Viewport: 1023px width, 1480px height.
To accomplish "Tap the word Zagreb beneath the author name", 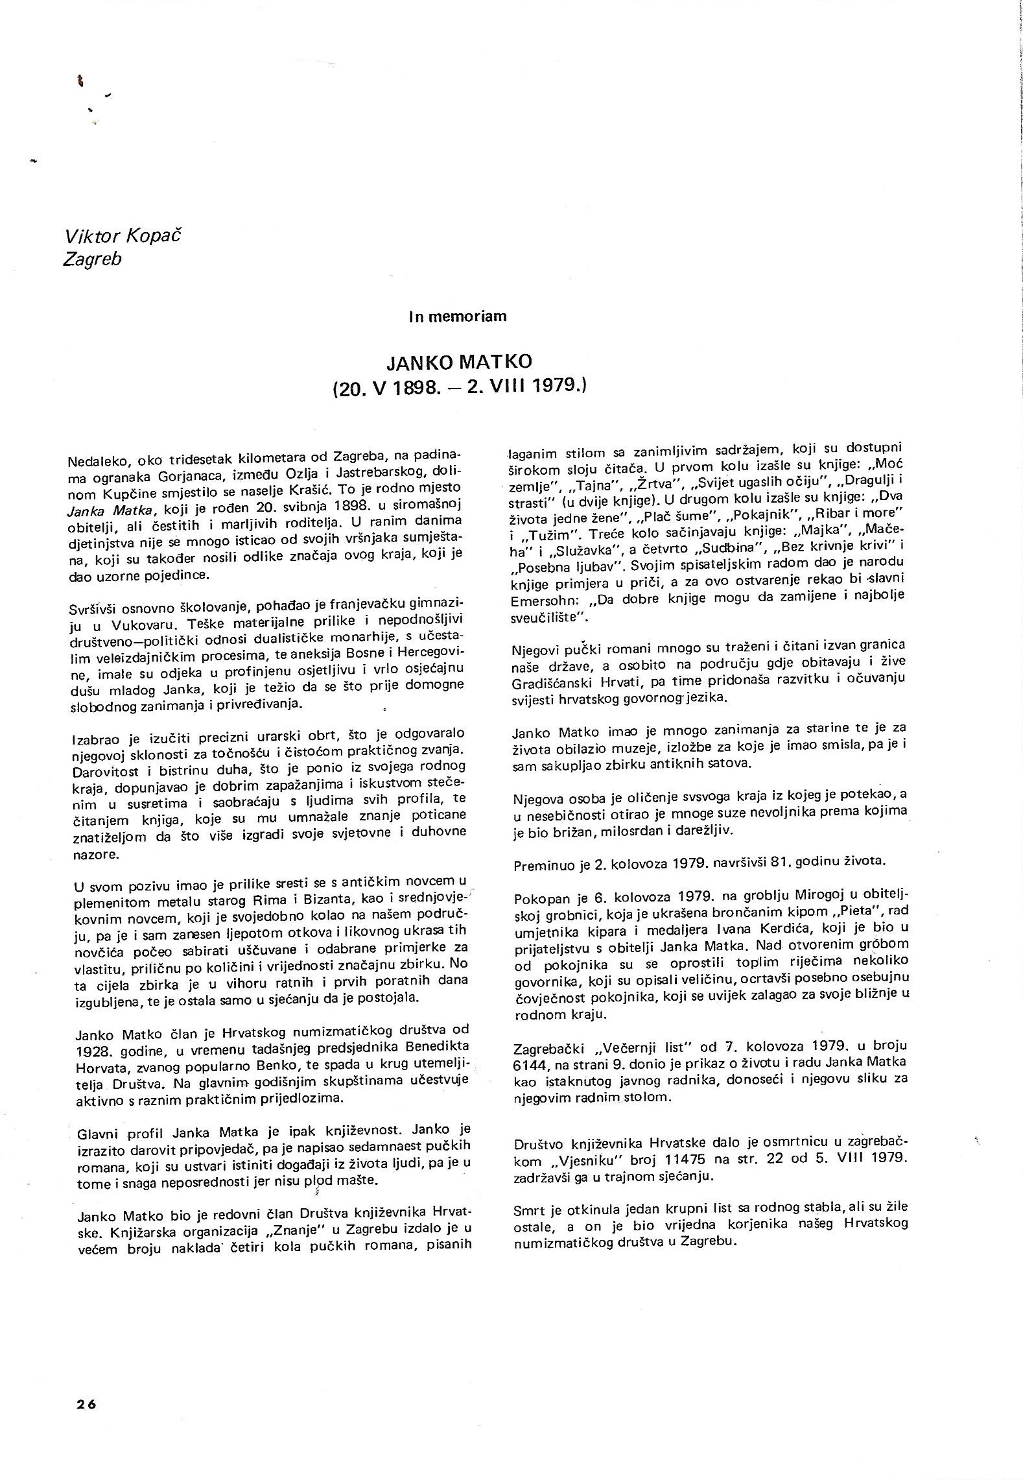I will click(92, 259).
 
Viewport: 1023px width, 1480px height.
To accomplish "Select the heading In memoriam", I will click(458, 316).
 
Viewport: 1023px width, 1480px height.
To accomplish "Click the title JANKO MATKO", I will click(459, 362).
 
